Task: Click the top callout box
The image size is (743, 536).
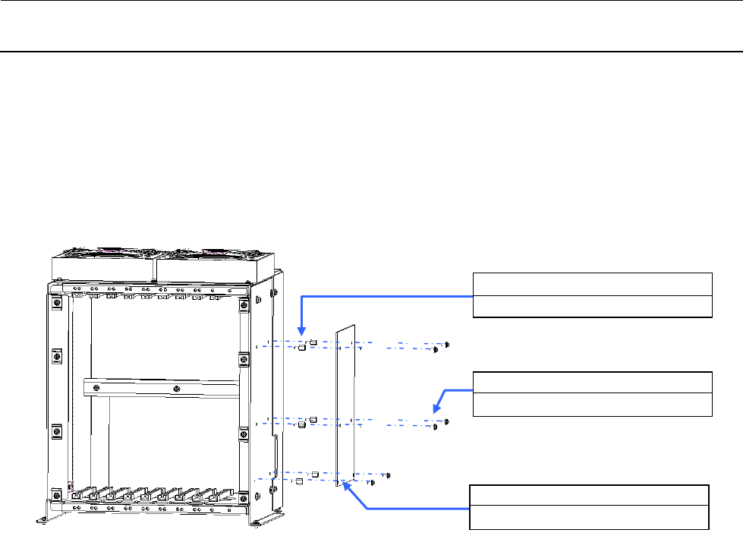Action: point(592,294)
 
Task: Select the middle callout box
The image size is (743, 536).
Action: point(592,394)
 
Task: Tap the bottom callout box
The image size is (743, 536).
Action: point(589,506)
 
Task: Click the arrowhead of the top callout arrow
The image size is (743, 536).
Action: point(302,333)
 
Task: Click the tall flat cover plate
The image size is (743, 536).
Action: point(346,408)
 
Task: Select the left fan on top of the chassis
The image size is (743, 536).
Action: point(103,263)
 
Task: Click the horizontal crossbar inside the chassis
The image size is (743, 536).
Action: point(163,388)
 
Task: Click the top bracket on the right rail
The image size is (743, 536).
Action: point(243,306)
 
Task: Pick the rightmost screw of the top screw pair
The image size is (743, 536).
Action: point(449,344)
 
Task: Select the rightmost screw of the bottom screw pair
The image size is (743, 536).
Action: point(389,475)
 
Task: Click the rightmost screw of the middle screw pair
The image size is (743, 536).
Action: point(449,421)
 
